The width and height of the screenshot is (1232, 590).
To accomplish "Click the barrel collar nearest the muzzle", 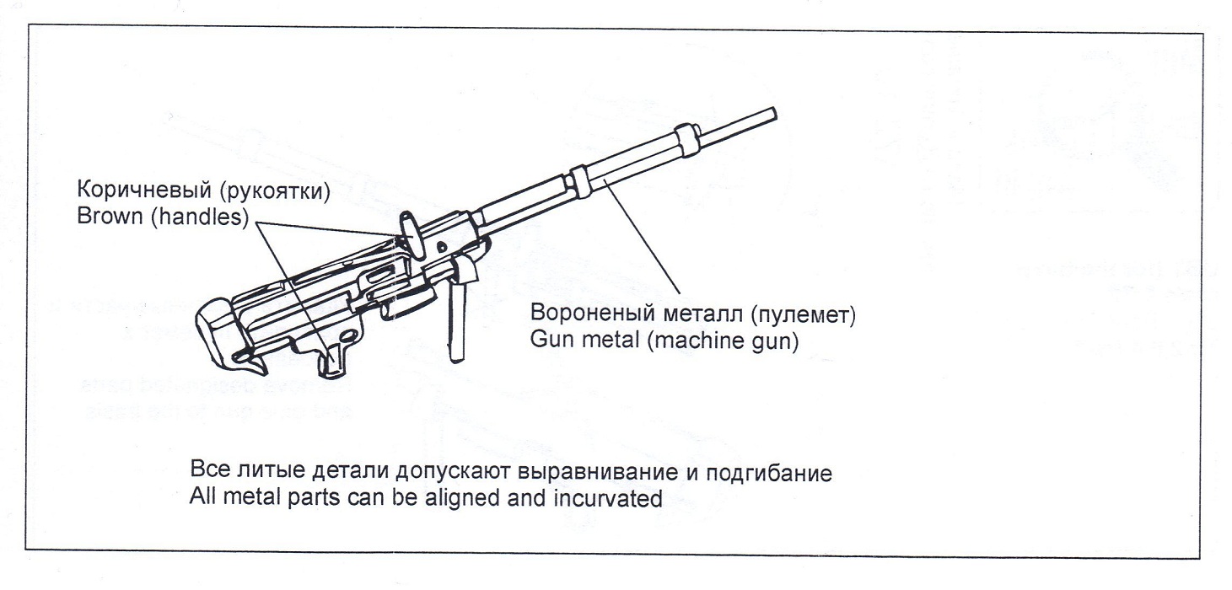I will pos(687,135).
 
